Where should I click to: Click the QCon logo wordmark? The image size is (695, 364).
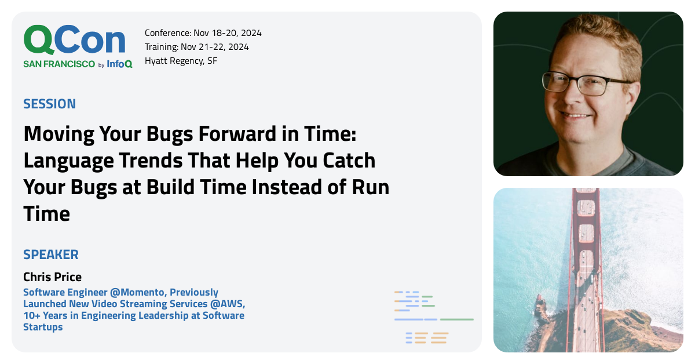[x=74, y=41]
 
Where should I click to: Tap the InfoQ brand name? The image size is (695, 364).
[x=119, y=64]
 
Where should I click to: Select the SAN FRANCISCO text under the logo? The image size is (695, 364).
[x=59, y=64]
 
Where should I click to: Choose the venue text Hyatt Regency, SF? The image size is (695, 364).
[x=181, y=61]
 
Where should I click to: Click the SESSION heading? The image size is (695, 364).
[x=49, y=104]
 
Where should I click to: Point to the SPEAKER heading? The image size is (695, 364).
[x=51, y=254]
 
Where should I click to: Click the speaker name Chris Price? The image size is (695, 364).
[x=52, y=277]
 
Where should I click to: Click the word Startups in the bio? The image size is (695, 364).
[x=43, y=327]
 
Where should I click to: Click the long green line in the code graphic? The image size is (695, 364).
[x=456, y=319]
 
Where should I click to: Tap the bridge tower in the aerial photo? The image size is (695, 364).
[x=587, y=232]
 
